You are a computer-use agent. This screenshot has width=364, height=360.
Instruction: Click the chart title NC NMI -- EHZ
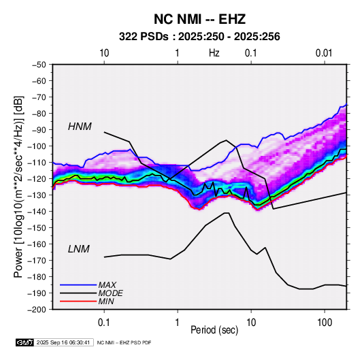pyautogui.click(x=199, y=19)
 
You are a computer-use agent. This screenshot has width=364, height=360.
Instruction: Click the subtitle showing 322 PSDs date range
pyautogui.click(x=199, y=37)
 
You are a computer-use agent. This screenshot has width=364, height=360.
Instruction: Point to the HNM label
pyautogui.click(x=80, y=127)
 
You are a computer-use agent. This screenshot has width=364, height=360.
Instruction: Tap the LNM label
pyautogui.click(x=79, y=249)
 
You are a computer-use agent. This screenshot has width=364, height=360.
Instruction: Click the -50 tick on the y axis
pyautogui.click(x=39, y=65)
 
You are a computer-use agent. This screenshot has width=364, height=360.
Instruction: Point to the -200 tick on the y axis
pyautogui.click(x=37, y=310)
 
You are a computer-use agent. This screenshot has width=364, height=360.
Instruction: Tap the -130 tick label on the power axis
pyautogui.click(x=37, y=195)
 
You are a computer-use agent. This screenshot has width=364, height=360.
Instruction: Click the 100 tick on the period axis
pyautogui.click(x=325, y=323)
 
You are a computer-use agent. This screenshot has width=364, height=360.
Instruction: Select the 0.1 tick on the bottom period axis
pyautogui.click(x=104, y=323)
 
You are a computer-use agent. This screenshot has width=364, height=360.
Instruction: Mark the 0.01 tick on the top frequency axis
pyautogui.click(x=324, y=53)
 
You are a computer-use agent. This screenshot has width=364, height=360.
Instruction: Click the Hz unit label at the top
pyautogui.click(x=214, y=53)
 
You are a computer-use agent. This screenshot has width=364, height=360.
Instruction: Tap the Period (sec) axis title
pyautogui.click(x=214, y=330)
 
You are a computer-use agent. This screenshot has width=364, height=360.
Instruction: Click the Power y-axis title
pyautogui.click(x=18, y=187)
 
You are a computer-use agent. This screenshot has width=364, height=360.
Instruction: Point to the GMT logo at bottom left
pyautogui.click(x=25, y=342)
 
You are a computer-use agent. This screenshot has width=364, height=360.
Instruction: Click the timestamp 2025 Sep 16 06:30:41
pyautogui.click(x=63, y=342)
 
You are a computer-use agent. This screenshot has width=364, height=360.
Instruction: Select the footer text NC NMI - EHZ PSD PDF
pyautogui.click(x=124, y=342)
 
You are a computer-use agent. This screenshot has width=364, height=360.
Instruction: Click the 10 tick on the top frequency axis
pyautogui.click(x=104, y=53)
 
